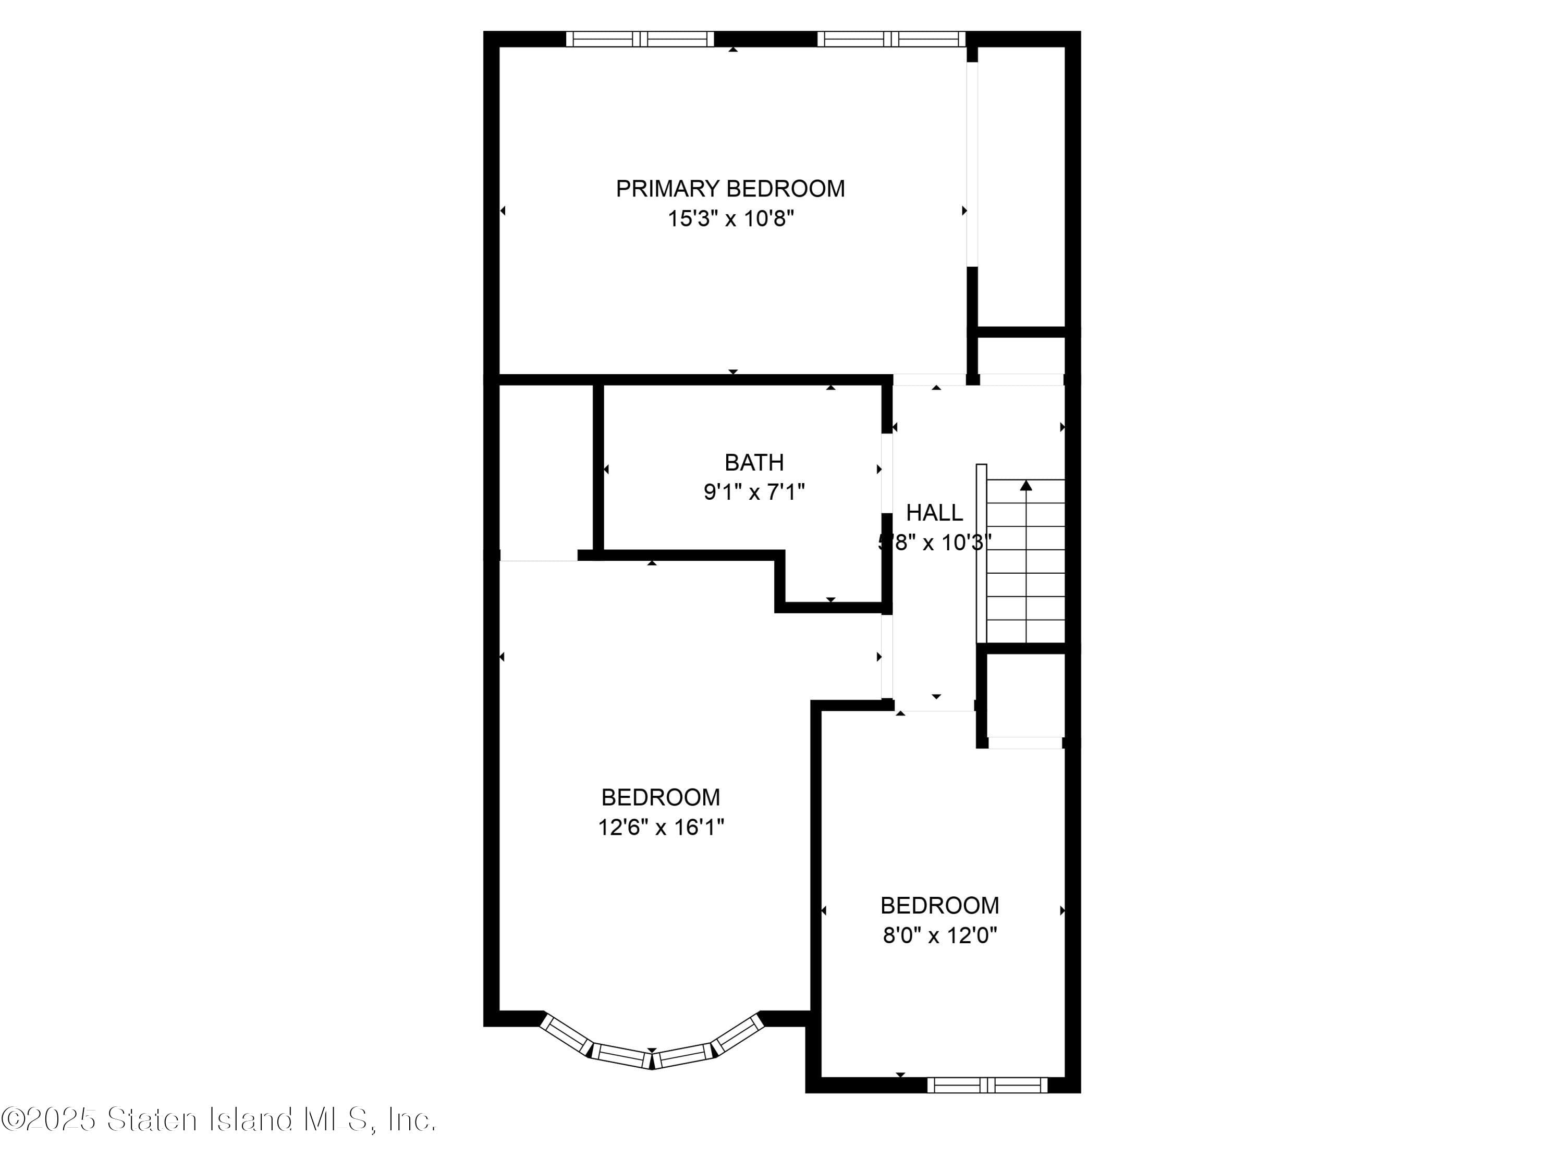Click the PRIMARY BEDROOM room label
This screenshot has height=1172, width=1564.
(x=730, y=189)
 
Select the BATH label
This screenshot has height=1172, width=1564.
(x=754, y=462)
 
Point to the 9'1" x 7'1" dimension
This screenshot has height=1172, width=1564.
(x=754, y=492)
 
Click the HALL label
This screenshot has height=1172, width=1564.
(x=934, y=512)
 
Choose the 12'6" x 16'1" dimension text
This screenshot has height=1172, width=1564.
(x=661, y=827)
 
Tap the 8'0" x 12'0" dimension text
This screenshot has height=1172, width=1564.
(x=939, y=935)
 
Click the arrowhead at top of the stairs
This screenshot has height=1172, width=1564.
(x=1026, y=485)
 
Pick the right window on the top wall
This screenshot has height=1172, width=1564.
(x=891, y=39)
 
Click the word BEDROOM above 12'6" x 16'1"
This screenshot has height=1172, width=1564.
(x=661, y=797)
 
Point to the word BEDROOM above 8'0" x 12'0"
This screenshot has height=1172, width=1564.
(x=939, y=906)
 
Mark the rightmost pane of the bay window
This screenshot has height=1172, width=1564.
(x=738, y=1034)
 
